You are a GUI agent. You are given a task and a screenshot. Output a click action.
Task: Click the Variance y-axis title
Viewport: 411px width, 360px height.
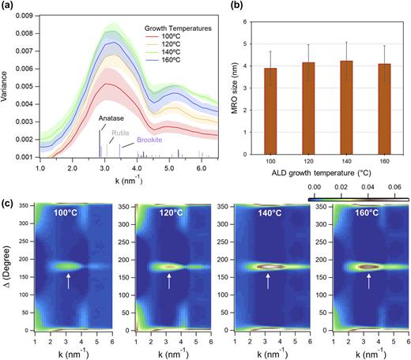pyautogui.click(x=7, y=84)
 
